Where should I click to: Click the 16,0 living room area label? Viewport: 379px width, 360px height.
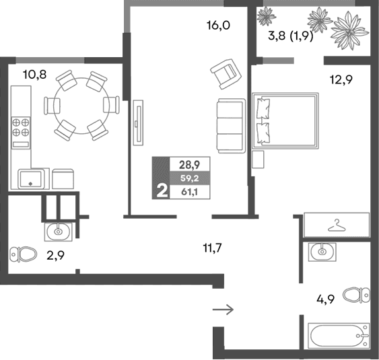pos(218,26)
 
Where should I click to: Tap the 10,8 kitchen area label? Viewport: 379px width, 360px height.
pos(35,75)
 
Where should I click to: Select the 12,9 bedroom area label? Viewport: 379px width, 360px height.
pos(341,79)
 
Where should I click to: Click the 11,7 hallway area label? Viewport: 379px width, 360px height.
pos(212,248)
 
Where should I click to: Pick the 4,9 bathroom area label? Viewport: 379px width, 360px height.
pos(326,299)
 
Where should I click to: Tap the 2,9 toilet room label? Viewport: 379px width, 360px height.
pos(56,256)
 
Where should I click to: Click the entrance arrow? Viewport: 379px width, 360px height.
pos(223,310)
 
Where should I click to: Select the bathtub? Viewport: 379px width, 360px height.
pos(339,336)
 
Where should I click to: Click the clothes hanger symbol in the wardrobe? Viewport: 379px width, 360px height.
pos(337,225)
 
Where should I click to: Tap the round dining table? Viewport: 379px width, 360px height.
pos(81,106)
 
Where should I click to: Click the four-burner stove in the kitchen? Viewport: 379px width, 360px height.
pos(21,133)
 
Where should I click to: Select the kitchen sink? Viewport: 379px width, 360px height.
pos(31,179)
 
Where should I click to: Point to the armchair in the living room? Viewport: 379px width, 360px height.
pos(226,74)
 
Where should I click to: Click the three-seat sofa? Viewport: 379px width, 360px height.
pos(231,126)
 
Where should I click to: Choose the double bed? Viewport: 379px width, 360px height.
pos(285,120)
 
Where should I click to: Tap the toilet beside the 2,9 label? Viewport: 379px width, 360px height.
pos(23,254)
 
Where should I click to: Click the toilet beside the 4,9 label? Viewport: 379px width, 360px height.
pos(357,295)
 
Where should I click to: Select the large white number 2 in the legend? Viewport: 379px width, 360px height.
pos(162,190)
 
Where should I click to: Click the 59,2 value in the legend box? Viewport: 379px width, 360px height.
pos(190,178)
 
